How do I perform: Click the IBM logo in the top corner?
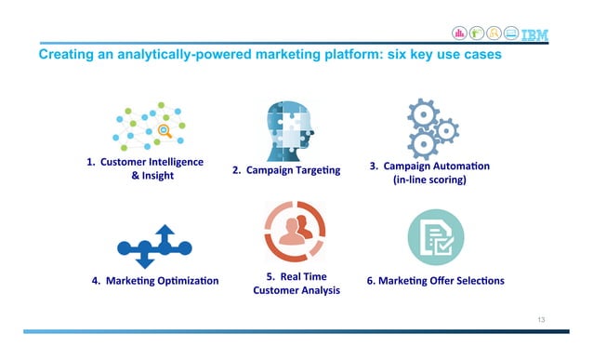tap(533, 34)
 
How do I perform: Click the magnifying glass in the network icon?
tap(166, 130)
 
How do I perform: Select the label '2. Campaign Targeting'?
tap(286, 170)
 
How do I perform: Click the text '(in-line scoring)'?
tap(429, 180)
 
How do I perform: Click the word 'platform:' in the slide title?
tap(356, 57)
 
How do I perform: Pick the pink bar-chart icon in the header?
tap(459, 33)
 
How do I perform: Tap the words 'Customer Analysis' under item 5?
tap(296, 291)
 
